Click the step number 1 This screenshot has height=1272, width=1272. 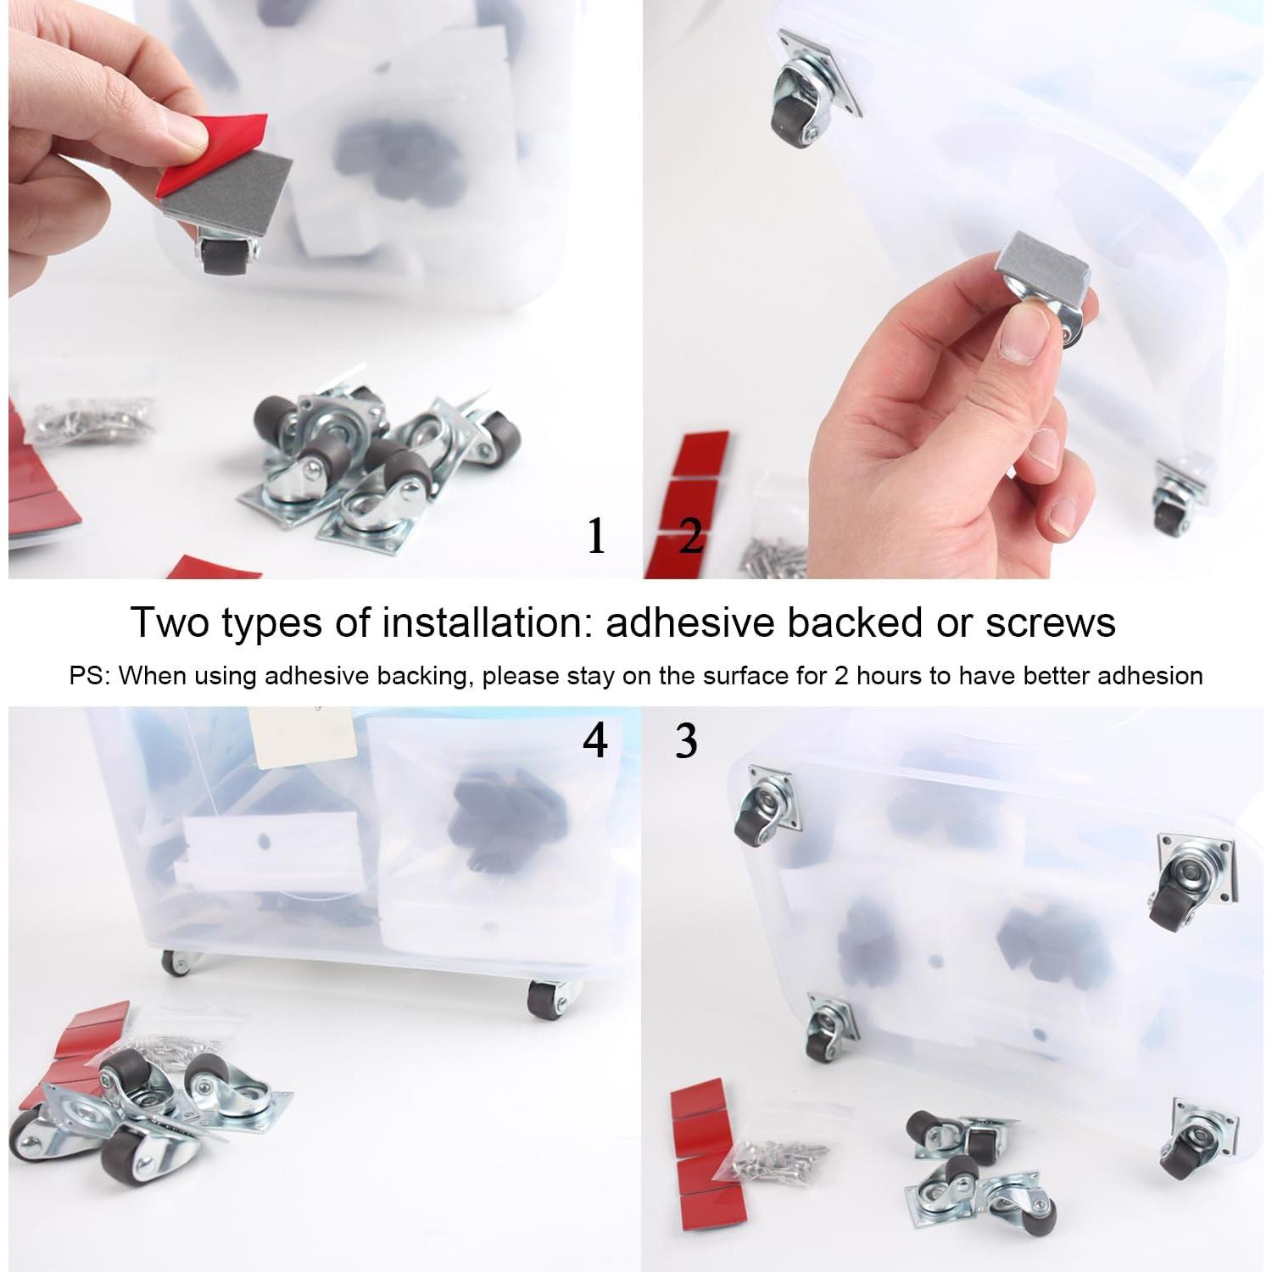pos(596,536)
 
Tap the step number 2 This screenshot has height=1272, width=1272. pos(691,536)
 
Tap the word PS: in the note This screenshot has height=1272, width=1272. pos(90,676)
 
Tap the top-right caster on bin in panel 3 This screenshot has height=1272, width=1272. pos(1193,878)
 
